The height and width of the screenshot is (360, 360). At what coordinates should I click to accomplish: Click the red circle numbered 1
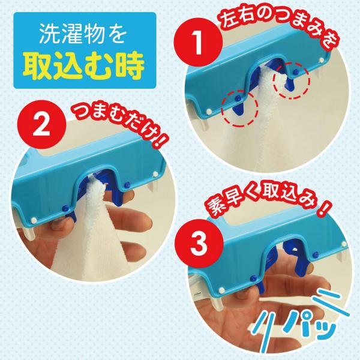(198, 43)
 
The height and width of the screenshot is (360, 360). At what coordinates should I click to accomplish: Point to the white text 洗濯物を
(83, 34)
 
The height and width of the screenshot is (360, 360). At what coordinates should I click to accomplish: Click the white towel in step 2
(92, 227)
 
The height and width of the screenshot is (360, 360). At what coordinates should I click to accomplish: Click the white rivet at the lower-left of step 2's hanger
(34, 220)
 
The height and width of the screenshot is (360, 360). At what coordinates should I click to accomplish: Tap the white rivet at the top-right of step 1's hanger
(322, 60)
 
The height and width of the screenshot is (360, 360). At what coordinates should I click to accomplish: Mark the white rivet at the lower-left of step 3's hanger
(222, 290)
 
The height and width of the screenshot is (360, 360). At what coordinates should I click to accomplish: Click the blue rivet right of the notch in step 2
(127, 185)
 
